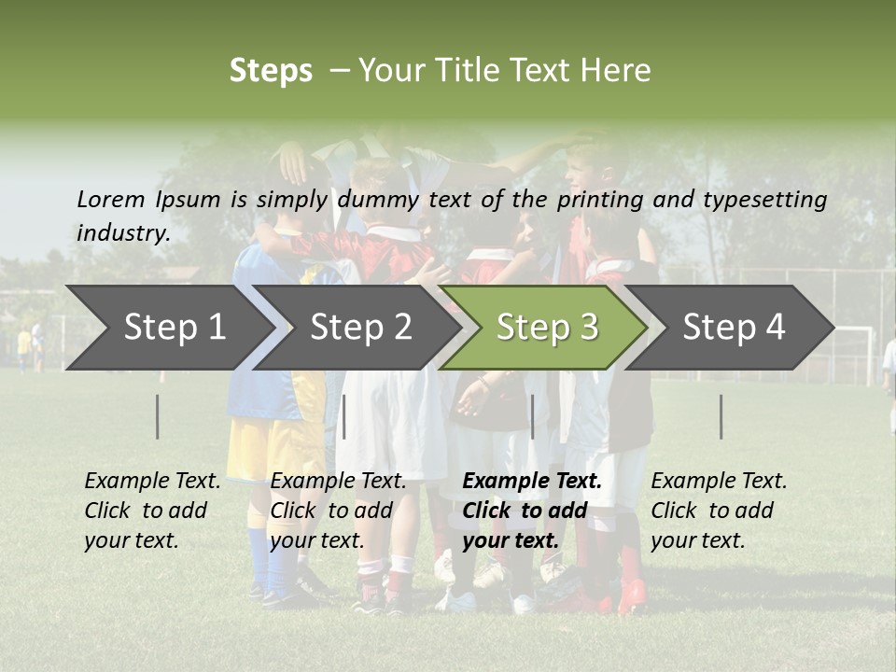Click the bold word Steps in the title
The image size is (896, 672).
(x=271, y=71)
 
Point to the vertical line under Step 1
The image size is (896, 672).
(x=158, y=416)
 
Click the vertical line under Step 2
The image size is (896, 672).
(x=344, y=416)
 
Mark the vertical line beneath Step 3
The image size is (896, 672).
(x=532, y=416)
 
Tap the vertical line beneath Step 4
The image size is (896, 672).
(x=721, y=416)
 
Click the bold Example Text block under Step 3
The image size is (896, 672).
(x=532, y=511)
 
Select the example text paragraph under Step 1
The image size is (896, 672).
(x=152, y=511)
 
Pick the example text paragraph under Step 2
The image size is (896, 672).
(x=338, y=511)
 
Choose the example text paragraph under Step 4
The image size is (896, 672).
(x=719, y=511)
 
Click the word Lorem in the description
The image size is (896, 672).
(x=110, y=199)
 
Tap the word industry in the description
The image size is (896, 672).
(x=123, y=233)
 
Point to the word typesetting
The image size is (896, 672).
(x=764, y=200)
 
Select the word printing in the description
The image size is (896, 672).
(x=601, y=200)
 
